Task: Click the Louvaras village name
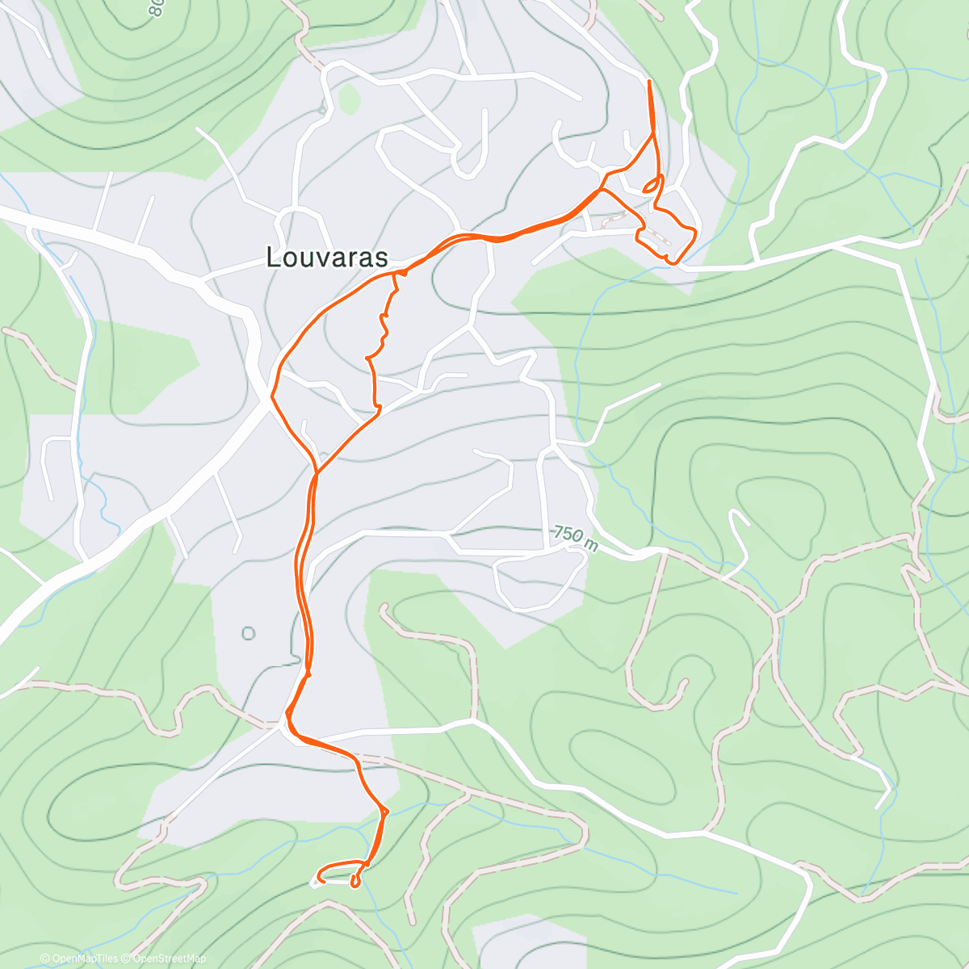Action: coord(327,257)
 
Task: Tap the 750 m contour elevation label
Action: coord(576,539)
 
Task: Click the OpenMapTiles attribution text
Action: coord(84,959)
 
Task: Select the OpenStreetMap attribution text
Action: coord(169,959)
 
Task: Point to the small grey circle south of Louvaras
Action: coord(248,633)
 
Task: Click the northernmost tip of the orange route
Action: coord(649,82)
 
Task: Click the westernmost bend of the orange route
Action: coord(272,396)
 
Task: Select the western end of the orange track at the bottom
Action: coord(319,878)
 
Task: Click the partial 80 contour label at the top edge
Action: coord(157,8)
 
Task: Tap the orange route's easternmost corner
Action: coord(694,232)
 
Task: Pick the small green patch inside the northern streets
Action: coord(348,99)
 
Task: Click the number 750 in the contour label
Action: coord(568,535)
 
